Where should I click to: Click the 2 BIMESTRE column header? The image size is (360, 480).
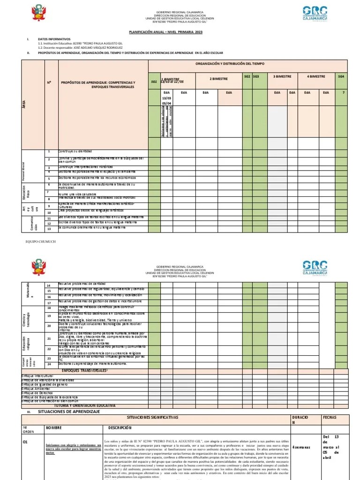[x=218, y=79]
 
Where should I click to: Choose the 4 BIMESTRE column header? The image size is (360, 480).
[x=316, y=75]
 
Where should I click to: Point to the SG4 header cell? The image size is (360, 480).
[x=341, y=75]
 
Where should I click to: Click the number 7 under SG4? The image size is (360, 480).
[x=343, y=92]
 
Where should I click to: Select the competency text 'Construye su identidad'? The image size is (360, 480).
[x=75, y=151]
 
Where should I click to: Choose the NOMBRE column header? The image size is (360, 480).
[x=53, y=427]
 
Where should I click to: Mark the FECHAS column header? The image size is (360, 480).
[x=329, y=417]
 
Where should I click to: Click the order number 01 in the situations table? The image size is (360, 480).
[x=26, y=441]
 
